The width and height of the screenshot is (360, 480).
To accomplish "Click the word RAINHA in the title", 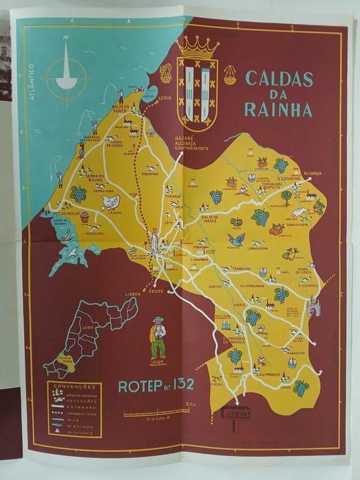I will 282,110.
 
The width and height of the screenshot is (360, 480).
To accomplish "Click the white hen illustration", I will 110,201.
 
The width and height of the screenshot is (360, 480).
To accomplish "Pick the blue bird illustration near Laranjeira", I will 237,239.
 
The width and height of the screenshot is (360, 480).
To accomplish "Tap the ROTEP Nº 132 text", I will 157,386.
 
